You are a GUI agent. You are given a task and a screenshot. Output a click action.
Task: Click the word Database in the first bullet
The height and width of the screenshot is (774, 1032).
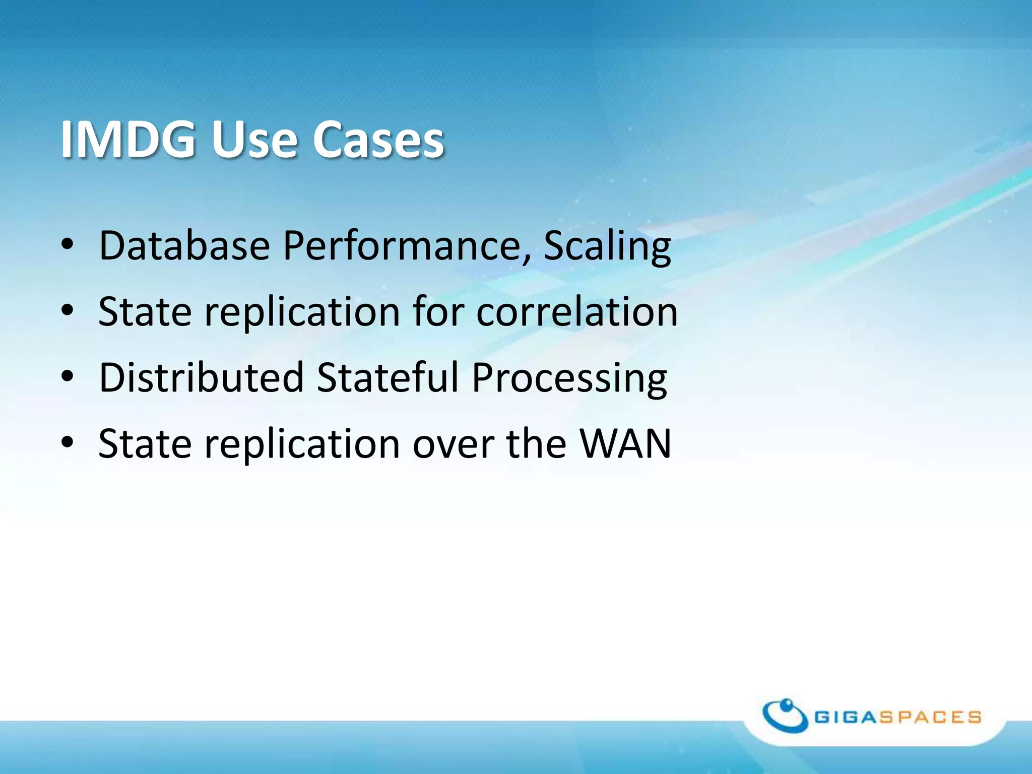click(184, 245)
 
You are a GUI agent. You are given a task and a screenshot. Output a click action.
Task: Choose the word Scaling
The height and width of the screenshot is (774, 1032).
click(607, 245)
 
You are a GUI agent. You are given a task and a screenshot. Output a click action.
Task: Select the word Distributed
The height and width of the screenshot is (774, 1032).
click(202, 377)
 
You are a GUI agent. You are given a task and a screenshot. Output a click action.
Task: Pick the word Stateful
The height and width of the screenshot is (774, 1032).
click(388, 377)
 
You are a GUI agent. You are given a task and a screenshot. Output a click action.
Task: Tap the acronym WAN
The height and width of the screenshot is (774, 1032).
click(625, 443)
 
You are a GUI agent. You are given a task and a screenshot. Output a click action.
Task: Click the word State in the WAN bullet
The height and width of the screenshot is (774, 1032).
click(145, 443)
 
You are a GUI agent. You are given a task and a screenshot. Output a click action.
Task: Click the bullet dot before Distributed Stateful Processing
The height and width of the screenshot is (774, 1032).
click(68, 376)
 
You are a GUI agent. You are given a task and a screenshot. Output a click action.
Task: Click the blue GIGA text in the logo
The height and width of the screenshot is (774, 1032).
click(846, 717)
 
